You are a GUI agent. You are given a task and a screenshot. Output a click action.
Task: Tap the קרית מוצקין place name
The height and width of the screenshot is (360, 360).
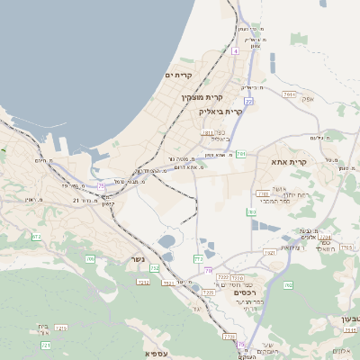[202, 96]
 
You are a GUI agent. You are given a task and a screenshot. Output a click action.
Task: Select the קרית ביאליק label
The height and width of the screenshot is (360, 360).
[220, 112]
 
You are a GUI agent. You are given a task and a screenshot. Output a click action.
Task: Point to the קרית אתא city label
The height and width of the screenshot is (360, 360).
[289, 162]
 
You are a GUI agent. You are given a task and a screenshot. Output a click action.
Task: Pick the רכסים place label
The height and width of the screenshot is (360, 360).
[243, 292]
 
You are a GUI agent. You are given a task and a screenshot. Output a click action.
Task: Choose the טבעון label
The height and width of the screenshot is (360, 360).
[350, 319]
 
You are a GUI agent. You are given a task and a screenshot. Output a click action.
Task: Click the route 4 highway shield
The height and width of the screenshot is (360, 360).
[235, 51]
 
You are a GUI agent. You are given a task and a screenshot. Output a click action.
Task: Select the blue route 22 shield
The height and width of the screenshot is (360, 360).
[248, 101]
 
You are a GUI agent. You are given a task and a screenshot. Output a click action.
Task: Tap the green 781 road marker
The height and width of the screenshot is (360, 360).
[241, 154]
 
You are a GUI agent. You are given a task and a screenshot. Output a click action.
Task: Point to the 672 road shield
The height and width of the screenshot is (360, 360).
[37, 237]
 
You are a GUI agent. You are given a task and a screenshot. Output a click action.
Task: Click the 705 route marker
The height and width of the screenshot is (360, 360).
[90, 259]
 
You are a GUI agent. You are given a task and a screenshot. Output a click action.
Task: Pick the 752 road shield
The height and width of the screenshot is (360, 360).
[155, 268]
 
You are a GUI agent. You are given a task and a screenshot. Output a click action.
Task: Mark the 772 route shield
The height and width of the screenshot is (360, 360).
[198, 259]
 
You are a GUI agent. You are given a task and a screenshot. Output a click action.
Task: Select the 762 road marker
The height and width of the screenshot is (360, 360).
[288, 285]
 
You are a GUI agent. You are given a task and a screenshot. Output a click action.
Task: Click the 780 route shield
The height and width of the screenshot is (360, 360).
[251, 212]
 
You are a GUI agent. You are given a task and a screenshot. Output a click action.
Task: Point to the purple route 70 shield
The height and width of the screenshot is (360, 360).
[208, 270]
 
